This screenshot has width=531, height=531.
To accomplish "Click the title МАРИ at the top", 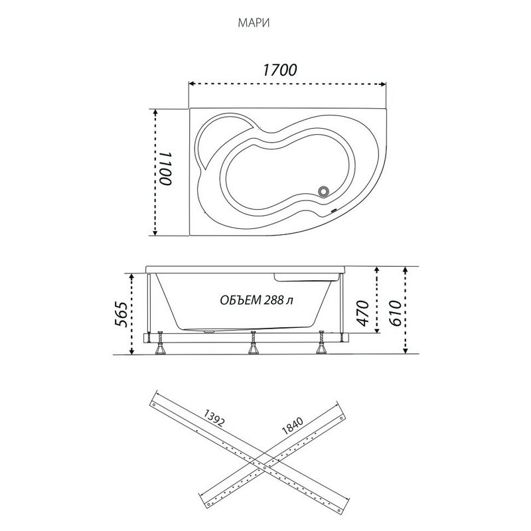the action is pyautogui.click(x=254, y=23).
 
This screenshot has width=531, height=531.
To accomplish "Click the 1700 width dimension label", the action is pyautogui.click(x=279, y=70).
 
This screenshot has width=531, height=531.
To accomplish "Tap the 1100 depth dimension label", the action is pyautogui.click(x=166, y=169).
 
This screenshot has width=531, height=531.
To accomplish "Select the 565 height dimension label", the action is pyautogui.click(x=121, y=314).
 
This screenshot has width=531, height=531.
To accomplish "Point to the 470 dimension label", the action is pyautogui.click(x=362, y=313).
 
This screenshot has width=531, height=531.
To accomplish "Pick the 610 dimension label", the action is pyautogui.click(x=395, y=313).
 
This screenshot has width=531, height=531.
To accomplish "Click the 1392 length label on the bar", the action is pyautogui.click(x=213, y=417).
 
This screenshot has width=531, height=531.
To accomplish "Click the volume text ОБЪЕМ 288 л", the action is pyautogui.click(x=256, y=300).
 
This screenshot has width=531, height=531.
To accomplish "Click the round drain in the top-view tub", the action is pyautogui.click(x=324, y=191).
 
